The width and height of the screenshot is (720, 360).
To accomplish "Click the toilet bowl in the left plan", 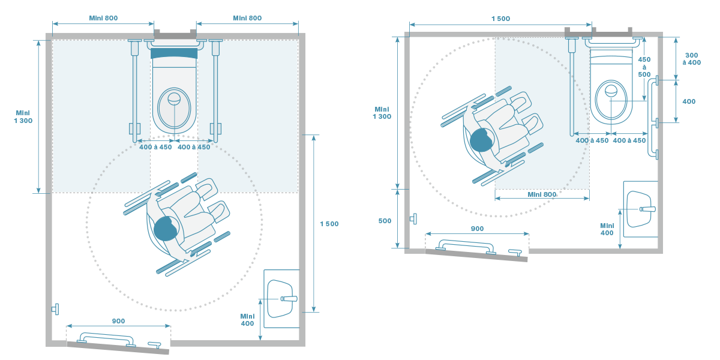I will (174, 102).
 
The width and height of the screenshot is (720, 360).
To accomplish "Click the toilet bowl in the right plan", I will (611, 98).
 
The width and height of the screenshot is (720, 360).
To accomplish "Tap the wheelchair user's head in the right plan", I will (481, 140).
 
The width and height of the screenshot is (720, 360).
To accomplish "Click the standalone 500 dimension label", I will (385, 221).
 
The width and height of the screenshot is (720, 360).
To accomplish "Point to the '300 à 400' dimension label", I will (691, 58).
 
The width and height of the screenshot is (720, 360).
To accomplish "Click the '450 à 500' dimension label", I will (644, 67).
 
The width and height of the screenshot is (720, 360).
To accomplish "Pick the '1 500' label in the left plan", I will (329, 224).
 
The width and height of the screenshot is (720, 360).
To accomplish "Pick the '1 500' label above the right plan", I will (500, 19).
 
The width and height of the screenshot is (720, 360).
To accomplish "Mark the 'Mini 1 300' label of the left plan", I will (23, 116).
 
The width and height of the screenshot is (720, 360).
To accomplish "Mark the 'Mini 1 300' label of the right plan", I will (382, 112).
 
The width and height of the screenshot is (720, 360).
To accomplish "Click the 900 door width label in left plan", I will (118, 322).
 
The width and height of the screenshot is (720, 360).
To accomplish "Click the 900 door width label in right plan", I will (477, 229).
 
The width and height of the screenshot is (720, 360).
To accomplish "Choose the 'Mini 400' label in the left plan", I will (247, 320).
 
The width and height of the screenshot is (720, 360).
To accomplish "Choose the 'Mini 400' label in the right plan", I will (607, 229).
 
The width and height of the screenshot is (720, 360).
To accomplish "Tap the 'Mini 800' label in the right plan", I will (541, 194).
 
